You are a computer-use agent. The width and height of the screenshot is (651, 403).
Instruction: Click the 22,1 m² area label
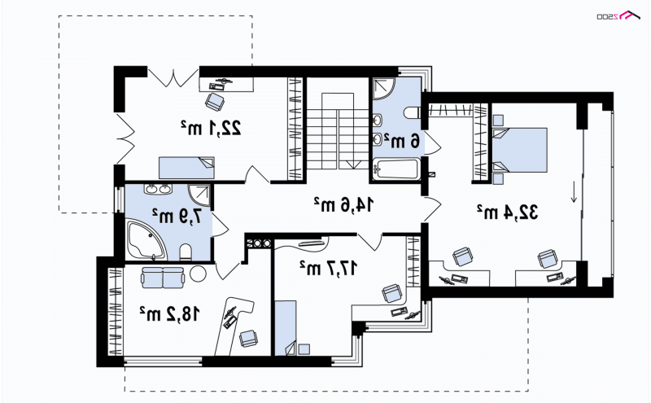click(211, 128)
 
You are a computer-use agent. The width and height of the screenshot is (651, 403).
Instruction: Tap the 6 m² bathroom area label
click(401, 140)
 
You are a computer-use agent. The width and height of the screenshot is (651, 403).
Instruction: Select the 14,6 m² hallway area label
click(343, 204)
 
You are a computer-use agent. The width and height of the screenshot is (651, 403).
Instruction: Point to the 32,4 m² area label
click(507, 212)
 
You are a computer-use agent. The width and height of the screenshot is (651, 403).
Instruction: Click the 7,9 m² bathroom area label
click(177, 216)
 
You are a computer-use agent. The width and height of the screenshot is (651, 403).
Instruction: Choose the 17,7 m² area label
click(328, 268)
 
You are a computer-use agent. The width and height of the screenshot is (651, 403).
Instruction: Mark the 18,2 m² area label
click(169, 314)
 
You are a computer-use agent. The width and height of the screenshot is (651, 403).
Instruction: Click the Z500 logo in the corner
click(618, 15)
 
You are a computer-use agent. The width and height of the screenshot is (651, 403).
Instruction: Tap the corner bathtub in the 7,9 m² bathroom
click(146, 240)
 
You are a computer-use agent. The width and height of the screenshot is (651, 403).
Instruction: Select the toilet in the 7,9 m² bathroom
click(186, 252)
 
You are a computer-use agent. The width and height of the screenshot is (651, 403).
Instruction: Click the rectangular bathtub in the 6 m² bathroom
click(395, 169)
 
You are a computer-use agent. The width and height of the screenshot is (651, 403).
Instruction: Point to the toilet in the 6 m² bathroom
click(413, 112)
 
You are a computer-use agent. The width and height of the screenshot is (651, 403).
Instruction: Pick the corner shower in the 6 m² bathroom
click(385, 89)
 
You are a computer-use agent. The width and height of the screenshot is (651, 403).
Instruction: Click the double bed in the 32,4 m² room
click(519, 150)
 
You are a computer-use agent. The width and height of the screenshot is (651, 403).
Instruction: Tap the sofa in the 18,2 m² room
click(162, 278)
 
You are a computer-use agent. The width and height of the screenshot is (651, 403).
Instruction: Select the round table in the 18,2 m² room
click(198, 274)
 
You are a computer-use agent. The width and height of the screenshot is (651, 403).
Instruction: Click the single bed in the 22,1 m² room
click(186, 168)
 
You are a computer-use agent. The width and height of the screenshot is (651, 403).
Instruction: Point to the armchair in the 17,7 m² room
click(392, 293)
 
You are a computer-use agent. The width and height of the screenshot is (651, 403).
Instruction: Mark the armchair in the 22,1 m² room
click(215, 102)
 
